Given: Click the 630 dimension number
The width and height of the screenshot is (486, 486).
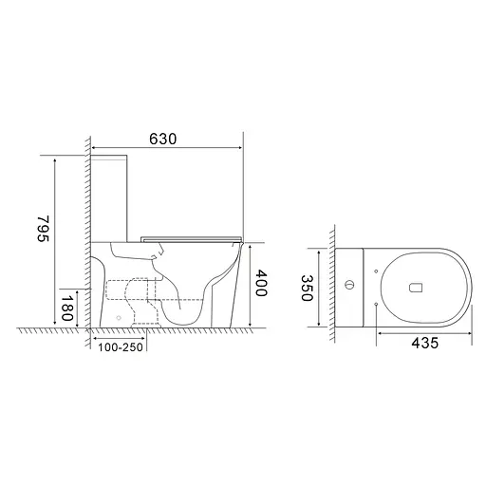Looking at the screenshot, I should point(163,139).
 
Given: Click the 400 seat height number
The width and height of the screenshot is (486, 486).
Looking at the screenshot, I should point(262,283).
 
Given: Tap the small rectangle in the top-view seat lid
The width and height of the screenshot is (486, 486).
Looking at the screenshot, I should point(413,285).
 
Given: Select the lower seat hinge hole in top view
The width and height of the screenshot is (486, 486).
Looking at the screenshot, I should point(378,302).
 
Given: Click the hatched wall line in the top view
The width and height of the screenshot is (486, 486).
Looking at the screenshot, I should point(331,285).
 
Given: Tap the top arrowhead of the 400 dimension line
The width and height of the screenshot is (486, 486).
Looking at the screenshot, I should point(252,244).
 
